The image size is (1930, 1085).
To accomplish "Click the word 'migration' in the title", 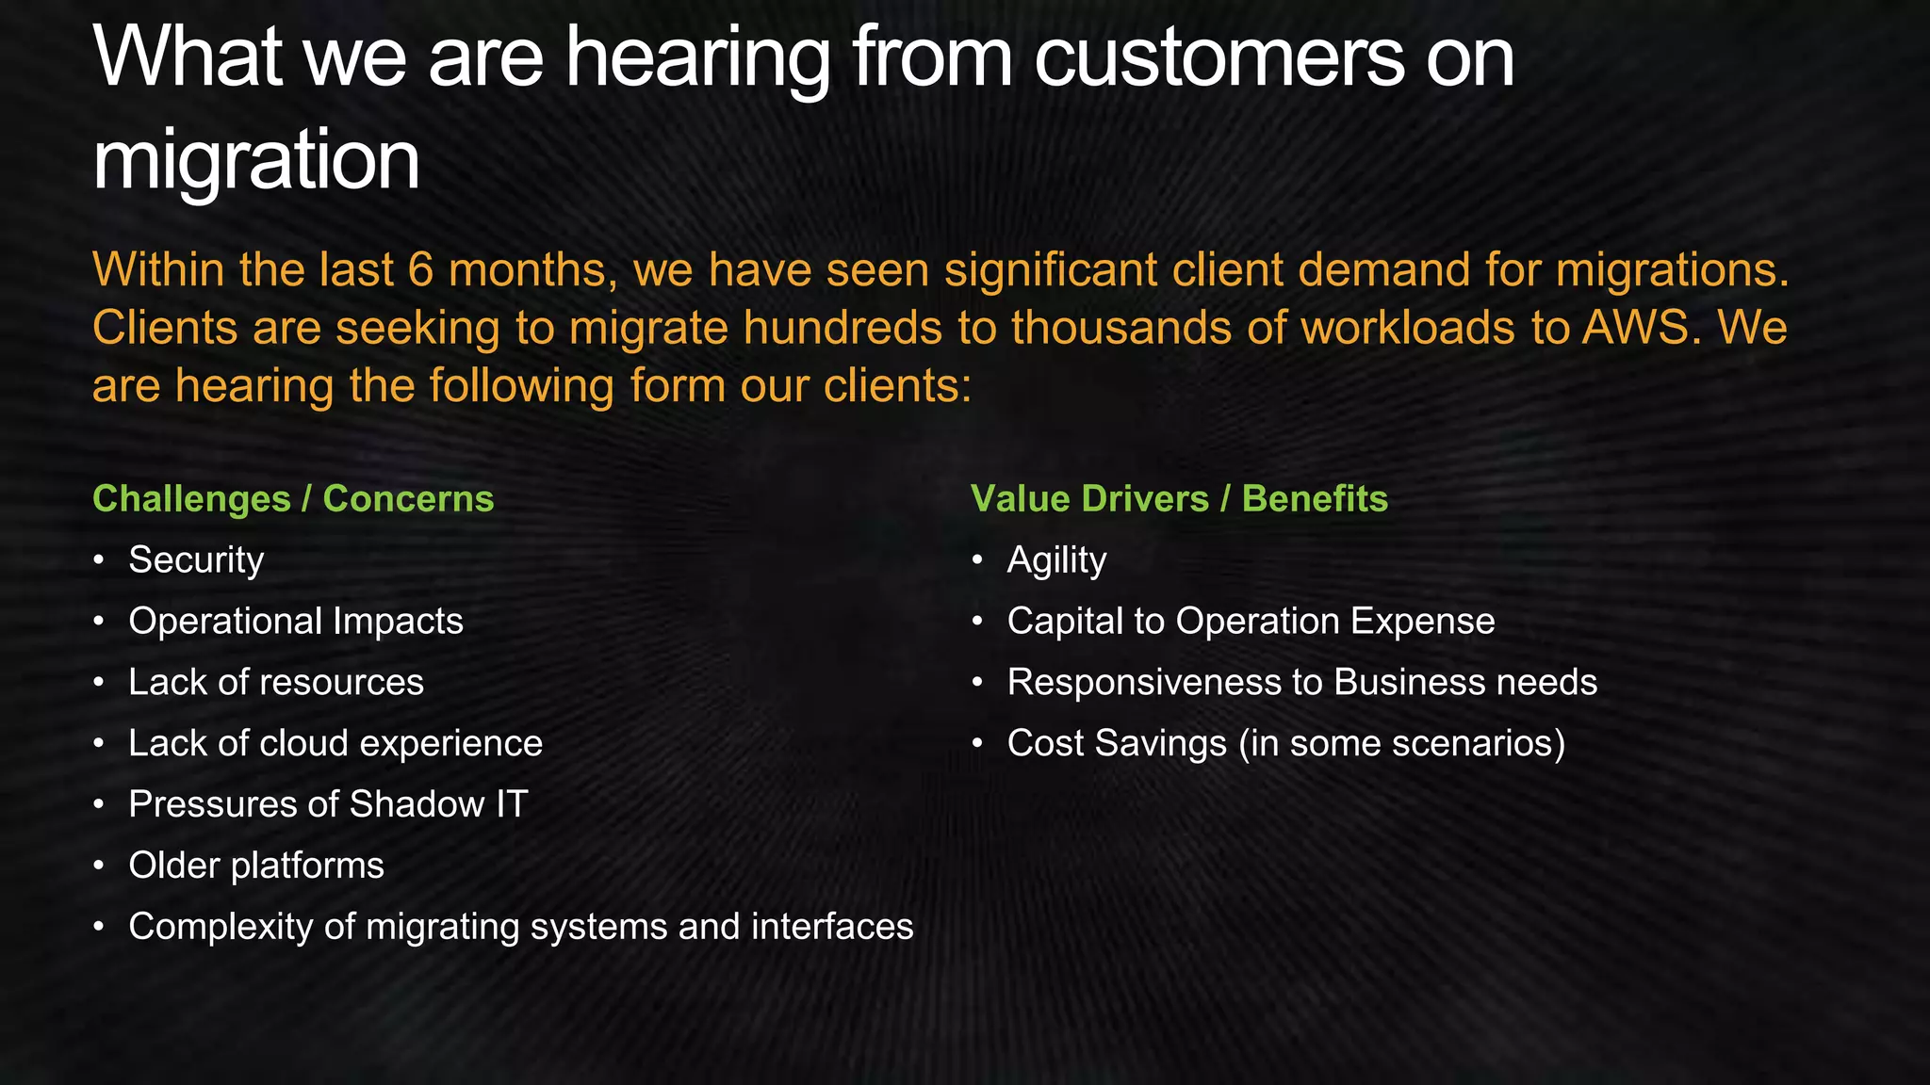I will coord(255,161).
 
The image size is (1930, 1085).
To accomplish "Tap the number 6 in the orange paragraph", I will coord(420,270).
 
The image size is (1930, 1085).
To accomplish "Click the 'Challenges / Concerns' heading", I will coord(293,498).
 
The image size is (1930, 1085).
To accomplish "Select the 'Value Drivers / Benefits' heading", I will coord(1179,498).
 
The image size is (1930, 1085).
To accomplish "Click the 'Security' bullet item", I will coord(196,559).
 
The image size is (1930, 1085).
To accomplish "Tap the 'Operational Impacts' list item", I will coord(296,621).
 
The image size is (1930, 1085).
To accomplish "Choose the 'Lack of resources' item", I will coord(276,682).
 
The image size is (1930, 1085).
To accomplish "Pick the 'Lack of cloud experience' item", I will coord(335,743).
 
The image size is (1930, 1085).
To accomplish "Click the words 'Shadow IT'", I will coord(438,804).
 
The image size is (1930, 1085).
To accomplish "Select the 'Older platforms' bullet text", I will coord(256,866).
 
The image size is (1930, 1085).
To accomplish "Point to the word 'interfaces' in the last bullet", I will coord(832,927).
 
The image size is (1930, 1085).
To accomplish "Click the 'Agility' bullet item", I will coord(1056,559).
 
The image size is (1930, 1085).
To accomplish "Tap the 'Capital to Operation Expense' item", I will coord(1251,621).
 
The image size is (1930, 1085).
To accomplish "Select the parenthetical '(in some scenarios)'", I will coord(1401,743).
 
